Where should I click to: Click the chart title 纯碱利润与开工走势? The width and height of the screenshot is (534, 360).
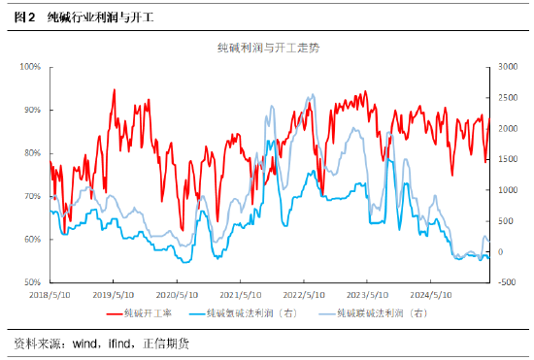(x=266, y=48)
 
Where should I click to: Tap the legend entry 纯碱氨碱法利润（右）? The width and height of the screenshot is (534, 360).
(x=258, y=313)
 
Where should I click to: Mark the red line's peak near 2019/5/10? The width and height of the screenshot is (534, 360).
(x=115, y=90)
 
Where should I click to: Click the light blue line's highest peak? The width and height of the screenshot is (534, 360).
(x=310, y=95)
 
